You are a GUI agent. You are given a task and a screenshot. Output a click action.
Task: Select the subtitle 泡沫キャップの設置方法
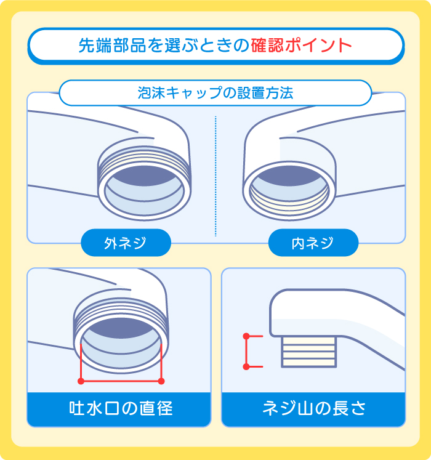click(x=215, y=94)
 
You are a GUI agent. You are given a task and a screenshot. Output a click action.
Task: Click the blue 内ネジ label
click(x=313, y=243)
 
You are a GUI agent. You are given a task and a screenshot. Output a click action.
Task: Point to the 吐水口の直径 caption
click(x=119, y=408)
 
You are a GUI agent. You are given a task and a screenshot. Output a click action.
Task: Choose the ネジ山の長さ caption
click(x=313, y=408)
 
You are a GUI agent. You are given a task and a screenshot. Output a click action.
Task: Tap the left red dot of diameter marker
click(x=81, y=381)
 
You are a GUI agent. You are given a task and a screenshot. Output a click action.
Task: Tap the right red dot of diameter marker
click(x=161, y=381)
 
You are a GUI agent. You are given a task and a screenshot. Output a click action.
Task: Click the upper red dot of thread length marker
click(x=246, y=336)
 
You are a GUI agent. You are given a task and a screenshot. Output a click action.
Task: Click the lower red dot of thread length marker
click(x=246, y=366)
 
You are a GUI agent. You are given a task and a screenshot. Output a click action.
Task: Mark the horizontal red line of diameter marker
click(x=121, y=381)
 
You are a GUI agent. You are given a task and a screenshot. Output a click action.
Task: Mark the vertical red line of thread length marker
click(x=246, y=352)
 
